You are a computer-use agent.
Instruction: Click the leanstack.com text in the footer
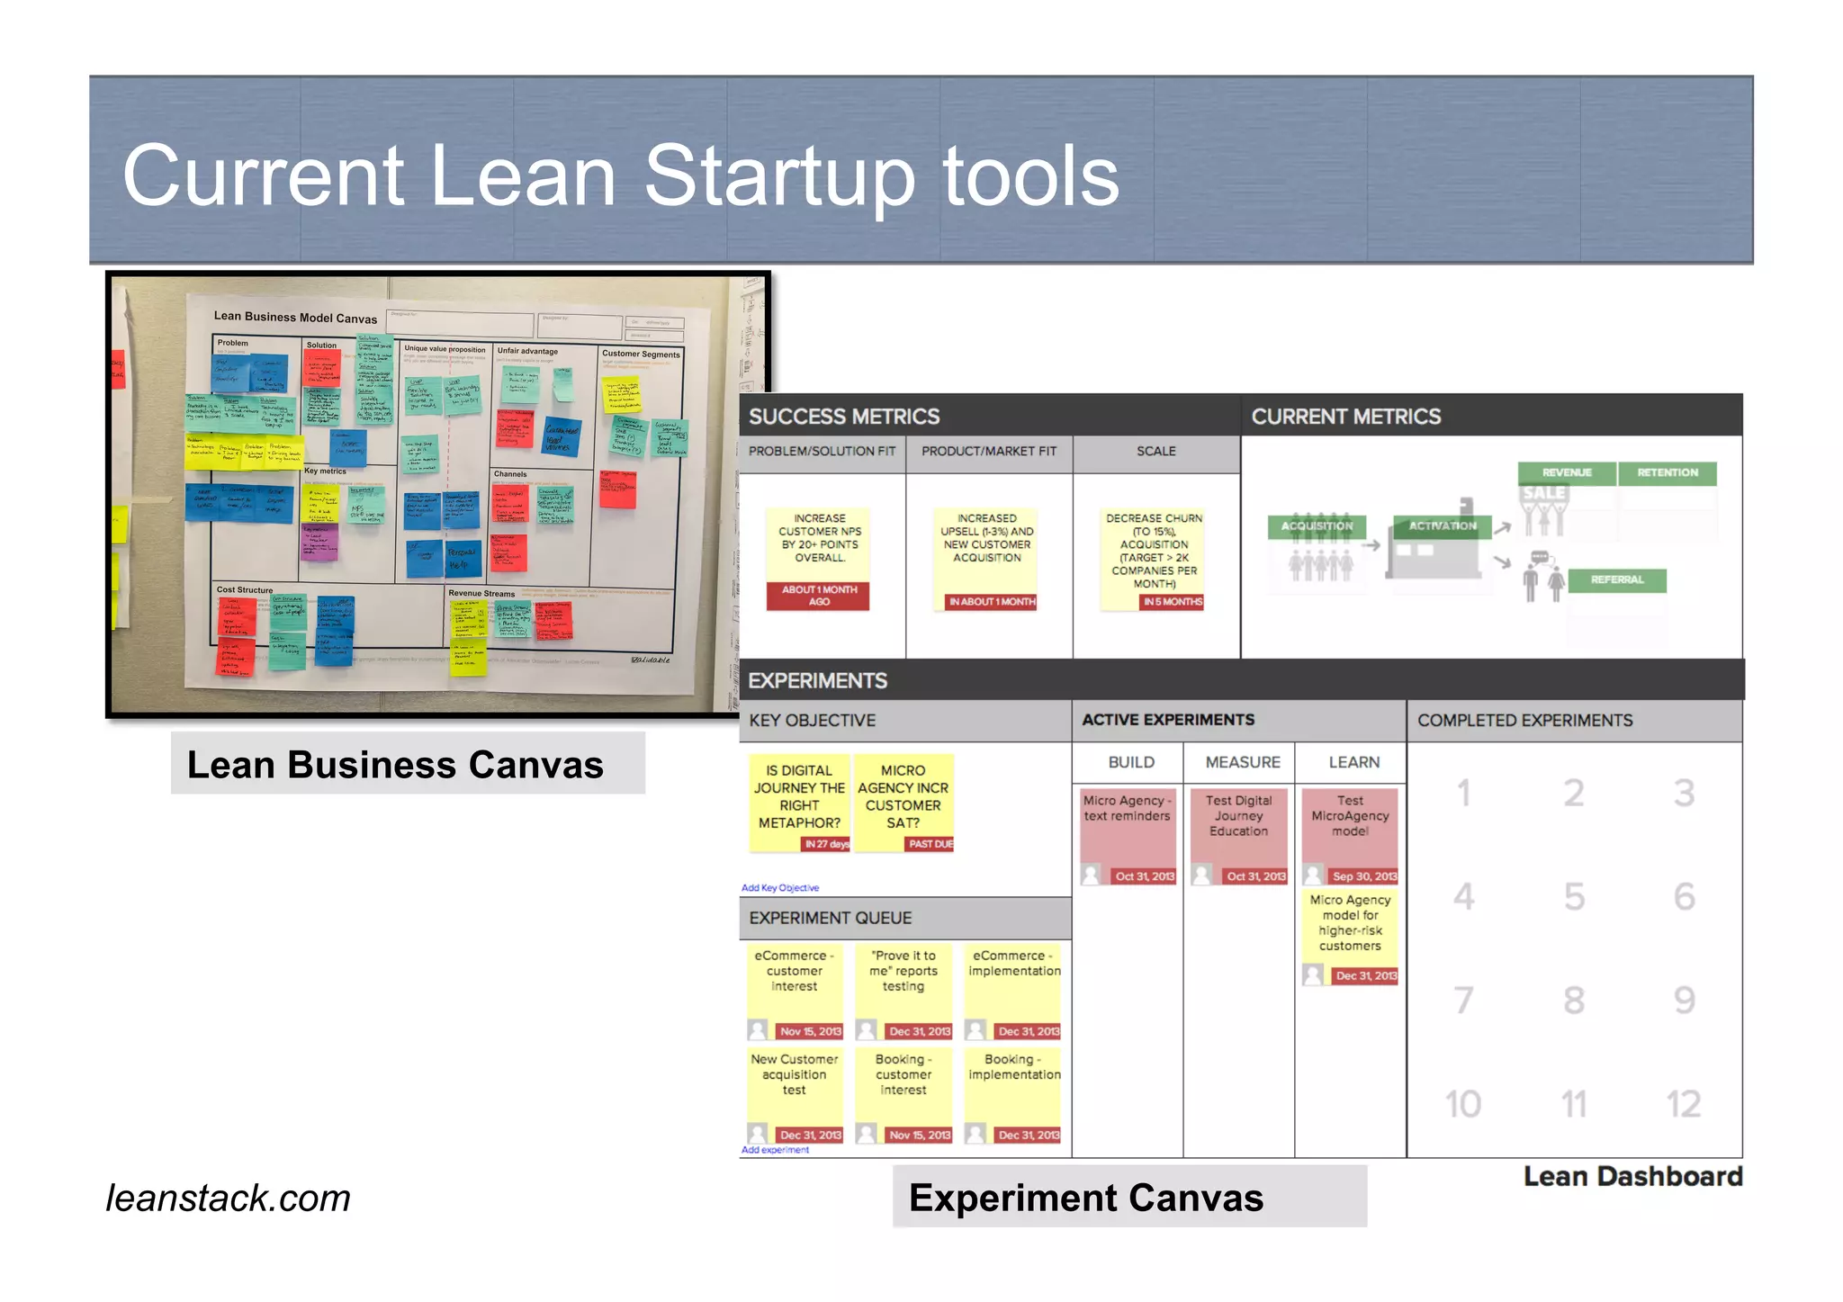coord(228,1199)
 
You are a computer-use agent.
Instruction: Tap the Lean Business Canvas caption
coord(395,765)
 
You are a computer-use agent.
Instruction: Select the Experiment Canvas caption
coord(1085,1199)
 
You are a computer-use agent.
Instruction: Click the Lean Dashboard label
coord(1632,1177)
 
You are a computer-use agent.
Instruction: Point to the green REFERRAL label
coord(1616,580)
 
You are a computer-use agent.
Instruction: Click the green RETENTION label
coord(1667,473)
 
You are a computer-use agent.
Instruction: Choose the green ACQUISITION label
coord(1317,526)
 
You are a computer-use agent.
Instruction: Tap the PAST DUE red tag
coord(930,844)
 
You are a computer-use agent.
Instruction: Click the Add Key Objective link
coord(780,888)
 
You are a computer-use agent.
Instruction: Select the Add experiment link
coord(775,1150)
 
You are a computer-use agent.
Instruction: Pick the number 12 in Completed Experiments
coord(1683,1104)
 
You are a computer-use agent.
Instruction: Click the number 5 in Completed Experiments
coord(1574,896)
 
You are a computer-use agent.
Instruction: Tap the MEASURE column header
coord(1242,762)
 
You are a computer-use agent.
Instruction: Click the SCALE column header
coord(1155,452)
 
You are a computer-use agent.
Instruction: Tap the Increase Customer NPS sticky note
coord(819,544)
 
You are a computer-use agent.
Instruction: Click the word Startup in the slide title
coord(780,177)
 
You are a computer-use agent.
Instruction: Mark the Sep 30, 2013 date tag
coord(1363,876)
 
